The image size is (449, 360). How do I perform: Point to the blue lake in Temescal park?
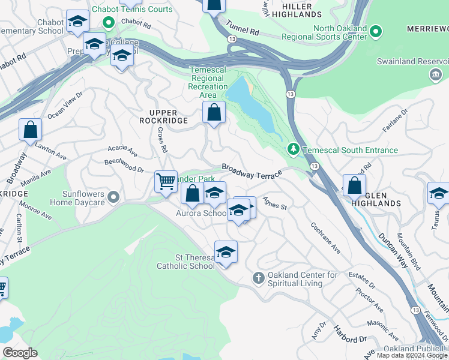pos(252,105)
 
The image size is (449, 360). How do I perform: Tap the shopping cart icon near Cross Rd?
pos(166,181)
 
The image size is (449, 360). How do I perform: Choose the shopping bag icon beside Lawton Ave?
pos(30,130)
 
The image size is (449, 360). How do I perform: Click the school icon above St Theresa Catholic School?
pos(226,252)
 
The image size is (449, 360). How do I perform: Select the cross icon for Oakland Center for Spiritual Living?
pos(258,278)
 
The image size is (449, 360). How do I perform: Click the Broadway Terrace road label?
pos(252,171)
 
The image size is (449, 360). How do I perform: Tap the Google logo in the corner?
pos(20,353)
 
